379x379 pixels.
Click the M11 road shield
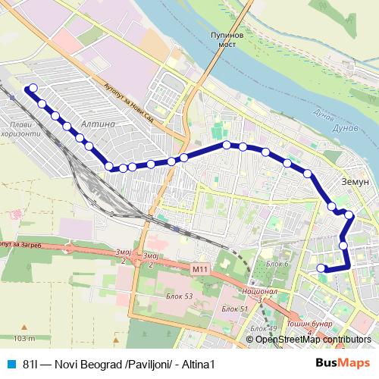[x=199, y=268]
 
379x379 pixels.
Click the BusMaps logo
[x=343, y=363]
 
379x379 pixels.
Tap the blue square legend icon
[x=11, y=363]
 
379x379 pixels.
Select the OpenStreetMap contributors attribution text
[x=313, y=340]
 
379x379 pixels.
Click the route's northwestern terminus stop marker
[x=32, y=89]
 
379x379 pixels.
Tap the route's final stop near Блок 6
[x=321, y=268]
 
